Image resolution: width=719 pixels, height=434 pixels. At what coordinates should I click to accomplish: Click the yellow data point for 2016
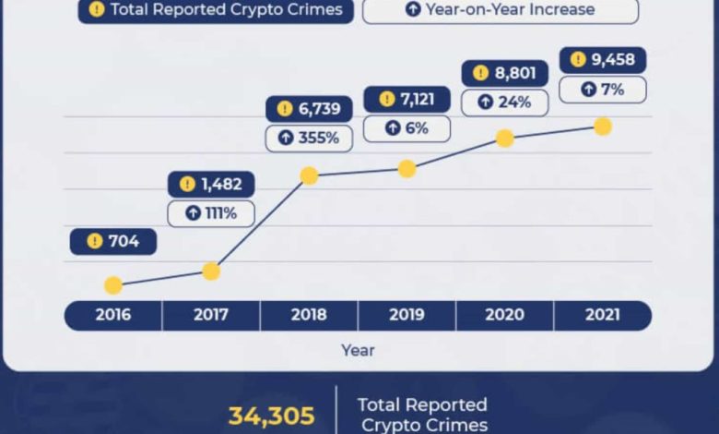click(113, 285)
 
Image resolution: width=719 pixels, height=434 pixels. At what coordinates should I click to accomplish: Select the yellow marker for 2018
click(309, 175)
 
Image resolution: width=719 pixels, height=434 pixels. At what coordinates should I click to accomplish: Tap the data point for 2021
click(603, 127)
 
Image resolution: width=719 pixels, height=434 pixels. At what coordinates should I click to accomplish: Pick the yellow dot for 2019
click(407, 169)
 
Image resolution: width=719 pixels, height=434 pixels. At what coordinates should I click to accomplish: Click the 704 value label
click(113, 241)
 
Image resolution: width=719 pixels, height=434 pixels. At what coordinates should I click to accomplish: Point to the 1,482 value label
click(211, 184)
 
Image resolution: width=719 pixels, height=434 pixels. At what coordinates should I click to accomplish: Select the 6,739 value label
click(309, 109)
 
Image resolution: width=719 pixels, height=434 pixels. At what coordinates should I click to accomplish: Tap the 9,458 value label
click(603, 60)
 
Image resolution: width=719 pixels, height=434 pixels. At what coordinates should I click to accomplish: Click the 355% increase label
click(309, 138)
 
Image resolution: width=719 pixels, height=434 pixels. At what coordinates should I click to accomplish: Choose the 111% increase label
click(211, 213)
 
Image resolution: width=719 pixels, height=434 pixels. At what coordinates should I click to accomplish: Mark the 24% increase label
click(505, 102)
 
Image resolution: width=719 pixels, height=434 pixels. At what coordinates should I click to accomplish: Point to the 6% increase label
click(407, 128)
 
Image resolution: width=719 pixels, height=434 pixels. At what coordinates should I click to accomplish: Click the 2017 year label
click(211, 315)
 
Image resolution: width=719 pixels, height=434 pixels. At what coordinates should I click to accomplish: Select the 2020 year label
click(505, 315)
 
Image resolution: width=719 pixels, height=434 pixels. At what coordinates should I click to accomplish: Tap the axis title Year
click(358, 350)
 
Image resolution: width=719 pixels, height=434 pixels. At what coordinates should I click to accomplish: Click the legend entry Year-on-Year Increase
click(501, 9)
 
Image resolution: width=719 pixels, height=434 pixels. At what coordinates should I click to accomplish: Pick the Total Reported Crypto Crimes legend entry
click(216, 9)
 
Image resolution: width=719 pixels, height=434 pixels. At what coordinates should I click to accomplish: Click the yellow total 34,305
click(271, 416)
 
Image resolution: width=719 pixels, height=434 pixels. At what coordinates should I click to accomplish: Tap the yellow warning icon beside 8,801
click(480, 73)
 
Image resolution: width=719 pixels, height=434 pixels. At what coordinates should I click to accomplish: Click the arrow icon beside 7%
click(588, 89)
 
